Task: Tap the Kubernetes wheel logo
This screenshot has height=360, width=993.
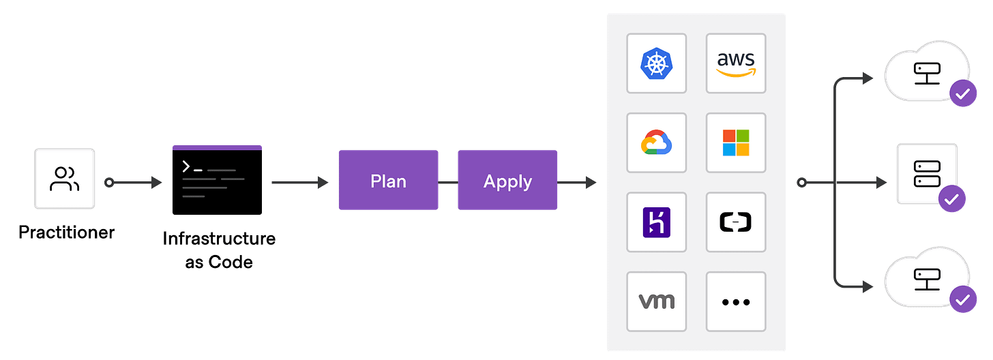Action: [656, 63]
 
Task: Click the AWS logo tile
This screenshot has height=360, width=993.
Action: [736, 63]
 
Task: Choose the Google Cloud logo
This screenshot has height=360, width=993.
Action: [656, 142]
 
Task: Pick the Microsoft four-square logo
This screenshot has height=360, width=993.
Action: [736, 142]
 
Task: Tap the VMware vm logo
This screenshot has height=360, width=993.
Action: [656, 301]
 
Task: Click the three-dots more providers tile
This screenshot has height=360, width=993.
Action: [736, 301]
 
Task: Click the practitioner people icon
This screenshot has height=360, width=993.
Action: [64, 179]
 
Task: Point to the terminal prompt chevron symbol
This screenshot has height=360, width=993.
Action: [186, 166]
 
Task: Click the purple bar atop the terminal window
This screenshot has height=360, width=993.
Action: [217, 147]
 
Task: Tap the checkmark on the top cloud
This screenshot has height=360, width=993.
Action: [962, 94]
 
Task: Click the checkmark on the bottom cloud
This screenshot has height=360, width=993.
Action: [962, 299]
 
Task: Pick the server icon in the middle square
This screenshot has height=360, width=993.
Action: [927, 173]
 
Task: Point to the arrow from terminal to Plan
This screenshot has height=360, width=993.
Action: [300, 183]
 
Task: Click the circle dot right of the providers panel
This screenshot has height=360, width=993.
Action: [802, 183]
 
